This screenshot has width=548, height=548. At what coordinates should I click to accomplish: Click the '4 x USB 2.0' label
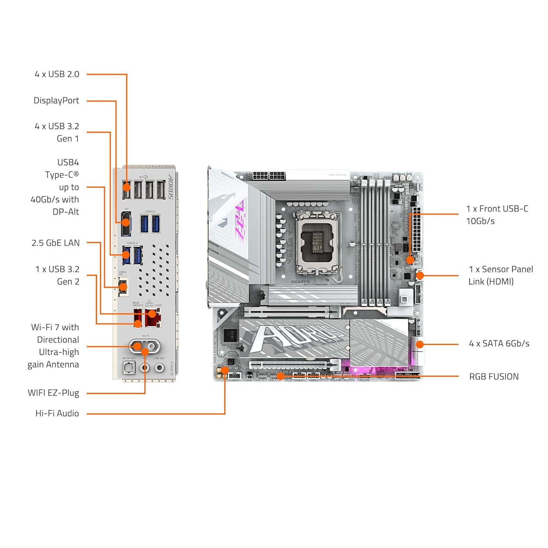coord(57,74)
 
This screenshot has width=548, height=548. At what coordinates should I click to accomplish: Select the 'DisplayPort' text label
coord(56,100)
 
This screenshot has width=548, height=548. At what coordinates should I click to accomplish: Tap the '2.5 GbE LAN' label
coord(56,243)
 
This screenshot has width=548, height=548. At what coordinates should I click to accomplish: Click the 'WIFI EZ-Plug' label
coord(53,393)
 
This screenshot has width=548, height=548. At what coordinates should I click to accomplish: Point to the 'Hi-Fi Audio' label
coord(57,413)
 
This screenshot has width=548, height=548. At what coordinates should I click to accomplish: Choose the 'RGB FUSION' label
coord(494,377)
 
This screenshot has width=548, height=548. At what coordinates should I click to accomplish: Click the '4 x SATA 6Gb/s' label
coord(499,343)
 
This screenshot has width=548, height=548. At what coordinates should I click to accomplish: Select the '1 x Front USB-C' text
coord(497,209)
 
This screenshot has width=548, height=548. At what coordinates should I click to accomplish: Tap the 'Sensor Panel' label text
coord(507,269)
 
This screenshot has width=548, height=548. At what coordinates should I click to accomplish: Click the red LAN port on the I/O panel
coord(153,318)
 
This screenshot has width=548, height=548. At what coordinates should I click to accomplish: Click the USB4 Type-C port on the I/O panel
coord(123,286)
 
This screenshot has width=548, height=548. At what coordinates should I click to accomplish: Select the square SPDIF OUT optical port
coord(129,368)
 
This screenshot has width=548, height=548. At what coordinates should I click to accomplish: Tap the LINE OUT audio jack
coord(159,367)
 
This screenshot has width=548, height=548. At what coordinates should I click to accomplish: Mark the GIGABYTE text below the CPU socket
coord(300,282)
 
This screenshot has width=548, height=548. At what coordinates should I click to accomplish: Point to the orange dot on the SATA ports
coord(420,344)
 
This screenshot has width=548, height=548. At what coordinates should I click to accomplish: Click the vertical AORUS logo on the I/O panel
coord(171,187)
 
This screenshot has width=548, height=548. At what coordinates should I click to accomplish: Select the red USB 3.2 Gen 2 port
coord(138,318)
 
